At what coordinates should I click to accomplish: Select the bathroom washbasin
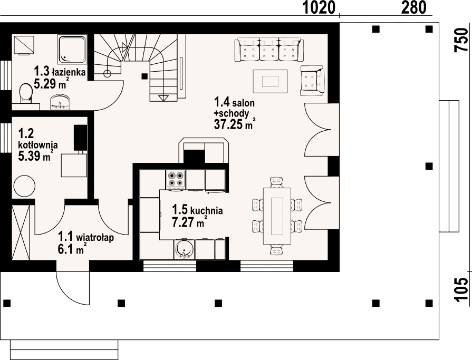[61, 102]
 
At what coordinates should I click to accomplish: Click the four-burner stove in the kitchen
[176, 180]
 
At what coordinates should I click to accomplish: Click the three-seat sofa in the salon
[268, 50]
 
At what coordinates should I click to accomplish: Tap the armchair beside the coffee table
[312, 81]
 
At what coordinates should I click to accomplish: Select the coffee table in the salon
[271, 81]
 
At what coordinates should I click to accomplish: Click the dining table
[277, 216]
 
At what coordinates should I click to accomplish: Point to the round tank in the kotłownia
[24, 187]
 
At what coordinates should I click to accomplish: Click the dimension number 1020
[319, 7]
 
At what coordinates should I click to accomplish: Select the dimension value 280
[414, 7]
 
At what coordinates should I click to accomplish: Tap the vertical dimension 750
[461, 40]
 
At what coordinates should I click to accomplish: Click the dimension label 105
[461, 289]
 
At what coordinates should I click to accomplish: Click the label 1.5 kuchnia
[197, 210]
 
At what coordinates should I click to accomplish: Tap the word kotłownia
[38, 144]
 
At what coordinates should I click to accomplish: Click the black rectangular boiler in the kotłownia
[80, 137]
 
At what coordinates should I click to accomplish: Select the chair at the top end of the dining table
[277, 182]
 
